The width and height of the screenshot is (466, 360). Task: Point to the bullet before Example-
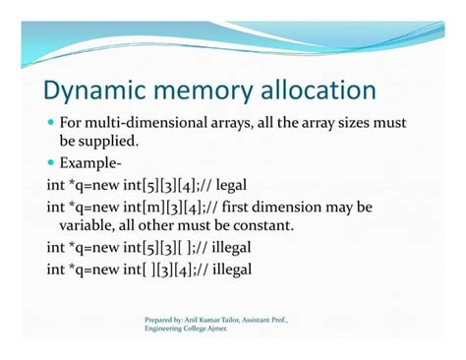[50, 163]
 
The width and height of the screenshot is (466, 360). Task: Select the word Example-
[93, 163]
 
